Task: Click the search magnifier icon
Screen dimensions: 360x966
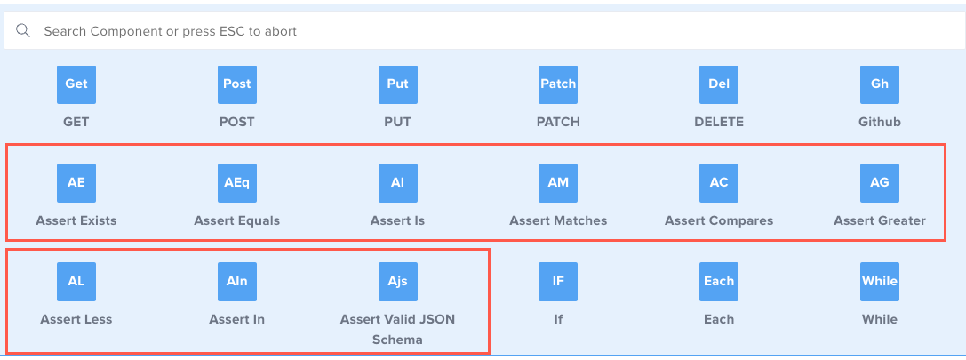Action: (x=24, y=31)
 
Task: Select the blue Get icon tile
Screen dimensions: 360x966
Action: (x=76, y=84)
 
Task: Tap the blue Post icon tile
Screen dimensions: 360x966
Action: (x=236, y=84)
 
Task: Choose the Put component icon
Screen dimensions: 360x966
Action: (x=397, y=84)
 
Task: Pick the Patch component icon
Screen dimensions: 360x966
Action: (x=558, y=84)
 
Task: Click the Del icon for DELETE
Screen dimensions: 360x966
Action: (x=719, y=84)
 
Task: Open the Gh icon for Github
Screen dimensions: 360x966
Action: (x=879, y=84)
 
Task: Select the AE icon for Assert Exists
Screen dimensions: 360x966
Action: (x=76, y=183)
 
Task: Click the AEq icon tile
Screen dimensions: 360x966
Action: (x=236, y=183)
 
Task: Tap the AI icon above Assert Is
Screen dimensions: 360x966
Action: (x=397, y=183)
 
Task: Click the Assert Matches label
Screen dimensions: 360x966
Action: (x=558, y=220)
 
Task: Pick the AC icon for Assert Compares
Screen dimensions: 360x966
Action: (x=719, y=183)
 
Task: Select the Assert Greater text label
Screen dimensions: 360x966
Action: (x=879, y=220)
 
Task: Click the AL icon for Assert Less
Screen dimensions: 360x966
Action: (x=76, y=282)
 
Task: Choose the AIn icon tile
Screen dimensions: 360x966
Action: (x=236, y=282)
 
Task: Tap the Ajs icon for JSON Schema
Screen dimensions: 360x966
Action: (x=397, y=282)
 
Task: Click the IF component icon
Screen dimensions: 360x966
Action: (x=558, y=282)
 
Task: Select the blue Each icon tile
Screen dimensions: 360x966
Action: (x=719, y=282)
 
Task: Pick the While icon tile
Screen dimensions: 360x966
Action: (x=879, y=282)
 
